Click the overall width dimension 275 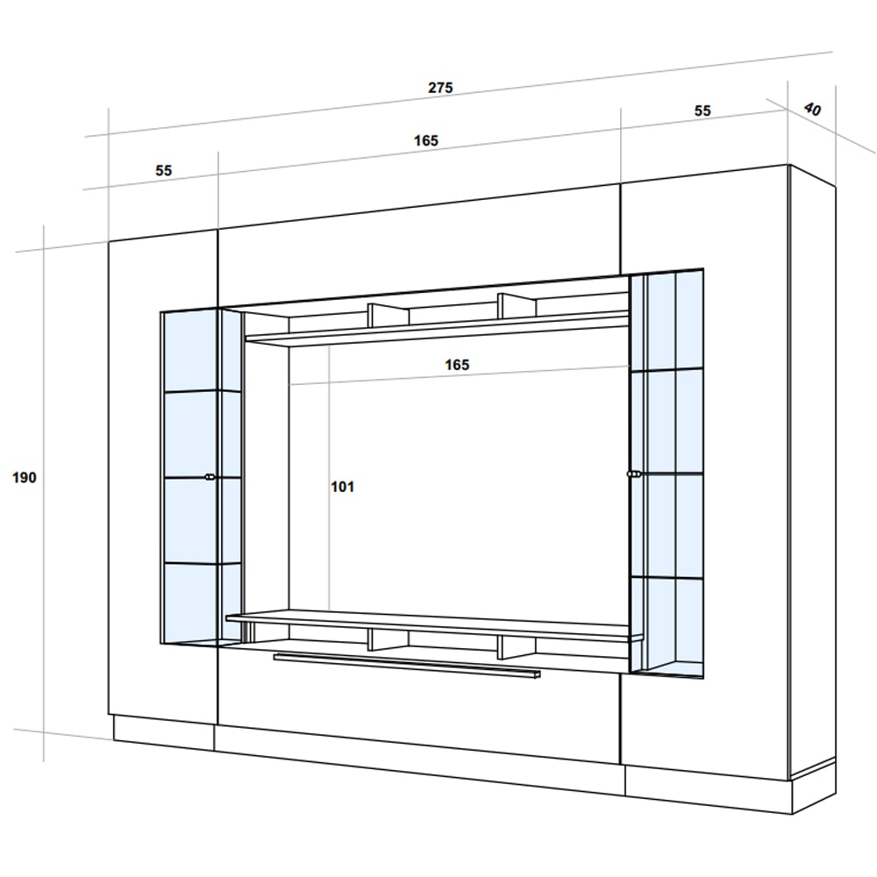pos(440,88)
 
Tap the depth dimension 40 pos(811,109)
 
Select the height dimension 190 pos(24,478)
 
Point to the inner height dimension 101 pos(342,487)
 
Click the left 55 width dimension pos(163,171)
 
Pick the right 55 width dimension pos(702,111)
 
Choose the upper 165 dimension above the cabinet pos(425,140)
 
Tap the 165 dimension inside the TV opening pos(457,365)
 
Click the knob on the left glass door pos(210,477)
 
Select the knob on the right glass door pos(634,474)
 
